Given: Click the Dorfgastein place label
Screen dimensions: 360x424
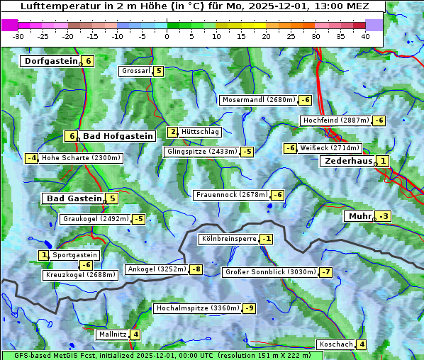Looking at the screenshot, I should pyautogui.click(x=50, y=61).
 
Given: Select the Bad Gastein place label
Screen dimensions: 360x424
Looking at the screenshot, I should pyautogui.click(x=74, y=198).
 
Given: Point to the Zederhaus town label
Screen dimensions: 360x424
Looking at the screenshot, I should pyautogui.click(x=348, y=161).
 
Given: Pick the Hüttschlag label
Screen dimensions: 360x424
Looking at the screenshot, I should pyautogui.click(x=201, y=132).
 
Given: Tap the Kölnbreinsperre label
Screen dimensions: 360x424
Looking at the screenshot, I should pyautogui.click(x=228, y=239).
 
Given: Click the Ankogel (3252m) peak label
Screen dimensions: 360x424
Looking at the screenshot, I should pyautogui.click(x=156, y=269).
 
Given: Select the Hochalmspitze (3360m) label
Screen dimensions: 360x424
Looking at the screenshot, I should pyautogui.click(x=197, y=308).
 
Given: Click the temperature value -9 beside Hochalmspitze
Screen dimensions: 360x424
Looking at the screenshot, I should pyautogui.click(x=250, y=308).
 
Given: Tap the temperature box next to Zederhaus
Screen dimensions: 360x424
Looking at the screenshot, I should pyautogui.click(x=383, y=161).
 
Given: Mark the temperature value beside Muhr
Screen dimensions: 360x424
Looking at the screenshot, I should pyautogui.click(x=384, y=215).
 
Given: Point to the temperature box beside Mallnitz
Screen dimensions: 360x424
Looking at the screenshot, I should pyautogui.click(x=135, y=334).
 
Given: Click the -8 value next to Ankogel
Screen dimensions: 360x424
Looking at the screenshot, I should pyautogui.click(x=195, y=269).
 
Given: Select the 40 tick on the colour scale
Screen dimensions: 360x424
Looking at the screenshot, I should pyautogui.click(x=365, y=35).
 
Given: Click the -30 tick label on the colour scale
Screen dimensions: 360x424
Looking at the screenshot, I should pyautogui.click(x=18, y=35).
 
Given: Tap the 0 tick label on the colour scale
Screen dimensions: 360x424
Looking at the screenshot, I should pyautogui.click(x=167, y=35).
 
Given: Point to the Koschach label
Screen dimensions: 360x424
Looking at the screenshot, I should pyautogui.click(x=336, y=344).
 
